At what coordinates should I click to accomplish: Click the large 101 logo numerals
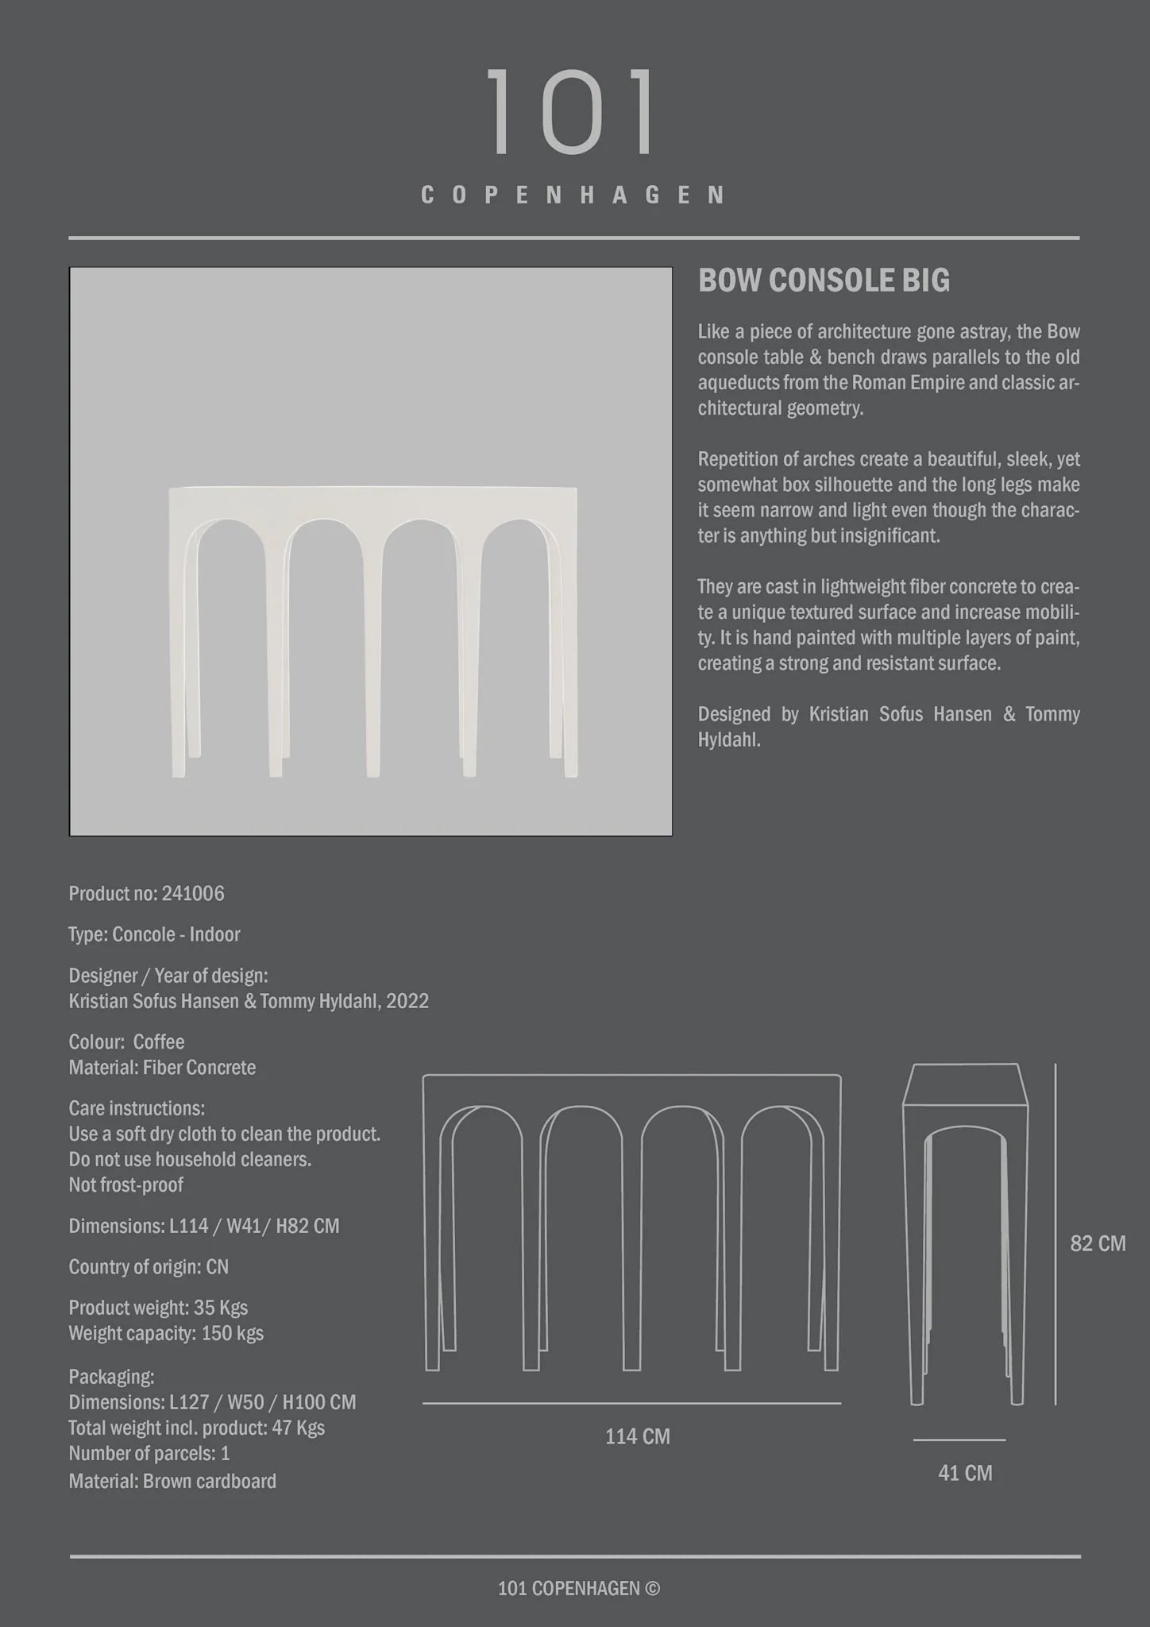pyautogui.click(x=571, y=112)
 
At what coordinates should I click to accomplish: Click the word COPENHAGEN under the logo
pyautogui.click(x=573, y=195)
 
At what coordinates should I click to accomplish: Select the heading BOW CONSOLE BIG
pyautogui.click(x=824, y=280)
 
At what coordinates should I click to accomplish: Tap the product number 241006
pyautogui.click(x=193, y=894)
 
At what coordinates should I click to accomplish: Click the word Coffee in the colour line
pyautogui.click(x=159, y=1042)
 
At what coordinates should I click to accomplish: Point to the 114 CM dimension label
pyautogui.click(x=637, y=1436)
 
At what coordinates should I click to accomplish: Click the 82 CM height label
pyautogui.click(x=1098, y=1243)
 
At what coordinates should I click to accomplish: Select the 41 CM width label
pyautogui.click(x=965, y=1473)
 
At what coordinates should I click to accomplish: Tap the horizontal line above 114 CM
pyautogui.click(x=631, y=1403)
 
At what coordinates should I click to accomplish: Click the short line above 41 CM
pyautogui.click(x=959, y=1440)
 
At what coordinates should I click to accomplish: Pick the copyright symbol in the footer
pyautogui.click(x=652, y=1588)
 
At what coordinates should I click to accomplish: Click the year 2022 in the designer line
pyautogui.click(x=407, y=1001)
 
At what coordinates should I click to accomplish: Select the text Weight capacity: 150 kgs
pyautogui.click(x=166, y=1333)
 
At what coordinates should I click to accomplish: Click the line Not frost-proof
pyautogui.click(x=125, y=1185)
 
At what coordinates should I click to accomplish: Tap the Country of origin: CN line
pyautogui.click(x=149, y=1266)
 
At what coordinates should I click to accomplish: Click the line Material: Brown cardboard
pyautogui.click(x=172, y=1481)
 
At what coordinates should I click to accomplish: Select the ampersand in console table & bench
pyautogui.click(x=814, y=357)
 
